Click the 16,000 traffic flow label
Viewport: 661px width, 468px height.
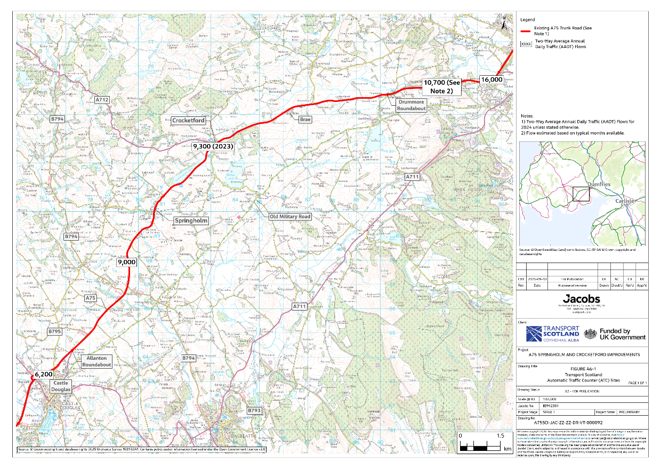(x=491, y=80)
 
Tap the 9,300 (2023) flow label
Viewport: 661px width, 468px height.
(x=213, y=146)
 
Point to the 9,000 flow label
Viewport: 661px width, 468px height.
(x=126, y=262)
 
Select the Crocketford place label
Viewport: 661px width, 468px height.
(x=188, y=121)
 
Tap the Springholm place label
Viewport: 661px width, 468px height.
(x=190, y=220)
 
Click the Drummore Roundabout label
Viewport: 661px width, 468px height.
(x=405, y=105)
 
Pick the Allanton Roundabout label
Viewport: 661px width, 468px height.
(x=96, y=361)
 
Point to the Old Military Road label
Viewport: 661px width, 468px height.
(x=289, y=217)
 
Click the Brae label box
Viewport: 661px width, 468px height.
(x=305, y=120)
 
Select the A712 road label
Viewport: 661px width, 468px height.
(x=102, y=99)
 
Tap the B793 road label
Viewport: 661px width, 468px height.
(x=255, y=410)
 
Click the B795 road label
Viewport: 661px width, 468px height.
(x=55, y=331)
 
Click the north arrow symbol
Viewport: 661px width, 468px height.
(x=504, y=21)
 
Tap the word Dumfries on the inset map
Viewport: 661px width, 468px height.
(x=598, y=184)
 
